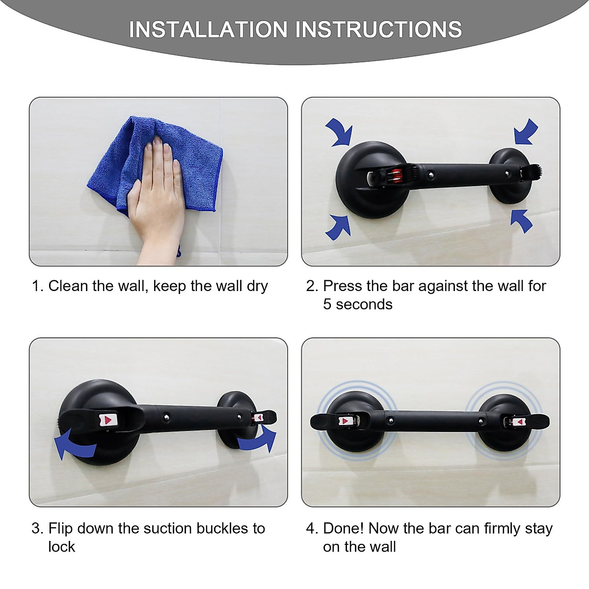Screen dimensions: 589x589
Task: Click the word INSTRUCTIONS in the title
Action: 378,30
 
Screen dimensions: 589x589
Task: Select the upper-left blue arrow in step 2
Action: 340,132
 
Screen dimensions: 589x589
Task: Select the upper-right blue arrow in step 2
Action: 526,132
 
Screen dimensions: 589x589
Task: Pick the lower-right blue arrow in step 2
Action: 521,220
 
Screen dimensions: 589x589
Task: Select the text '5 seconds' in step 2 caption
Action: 358,305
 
